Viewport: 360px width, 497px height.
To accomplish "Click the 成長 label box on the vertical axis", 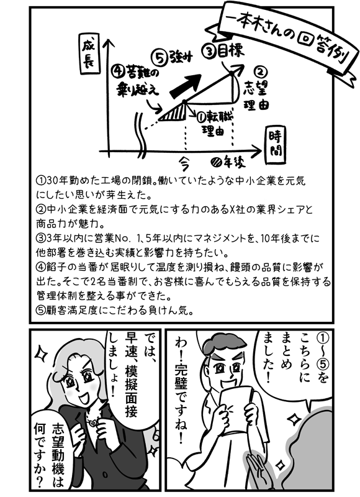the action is (88, 56).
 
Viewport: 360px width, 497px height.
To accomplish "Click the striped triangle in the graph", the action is (175, 113).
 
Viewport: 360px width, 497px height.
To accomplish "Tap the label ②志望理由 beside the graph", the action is (257, 89).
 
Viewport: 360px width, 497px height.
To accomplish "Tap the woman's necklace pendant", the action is (91, 422).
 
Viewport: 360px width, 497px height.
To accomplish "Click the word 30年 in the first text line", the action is (56, 181).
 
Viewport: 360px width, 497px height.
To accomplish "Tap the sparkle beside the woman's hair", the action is (42, 353).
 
